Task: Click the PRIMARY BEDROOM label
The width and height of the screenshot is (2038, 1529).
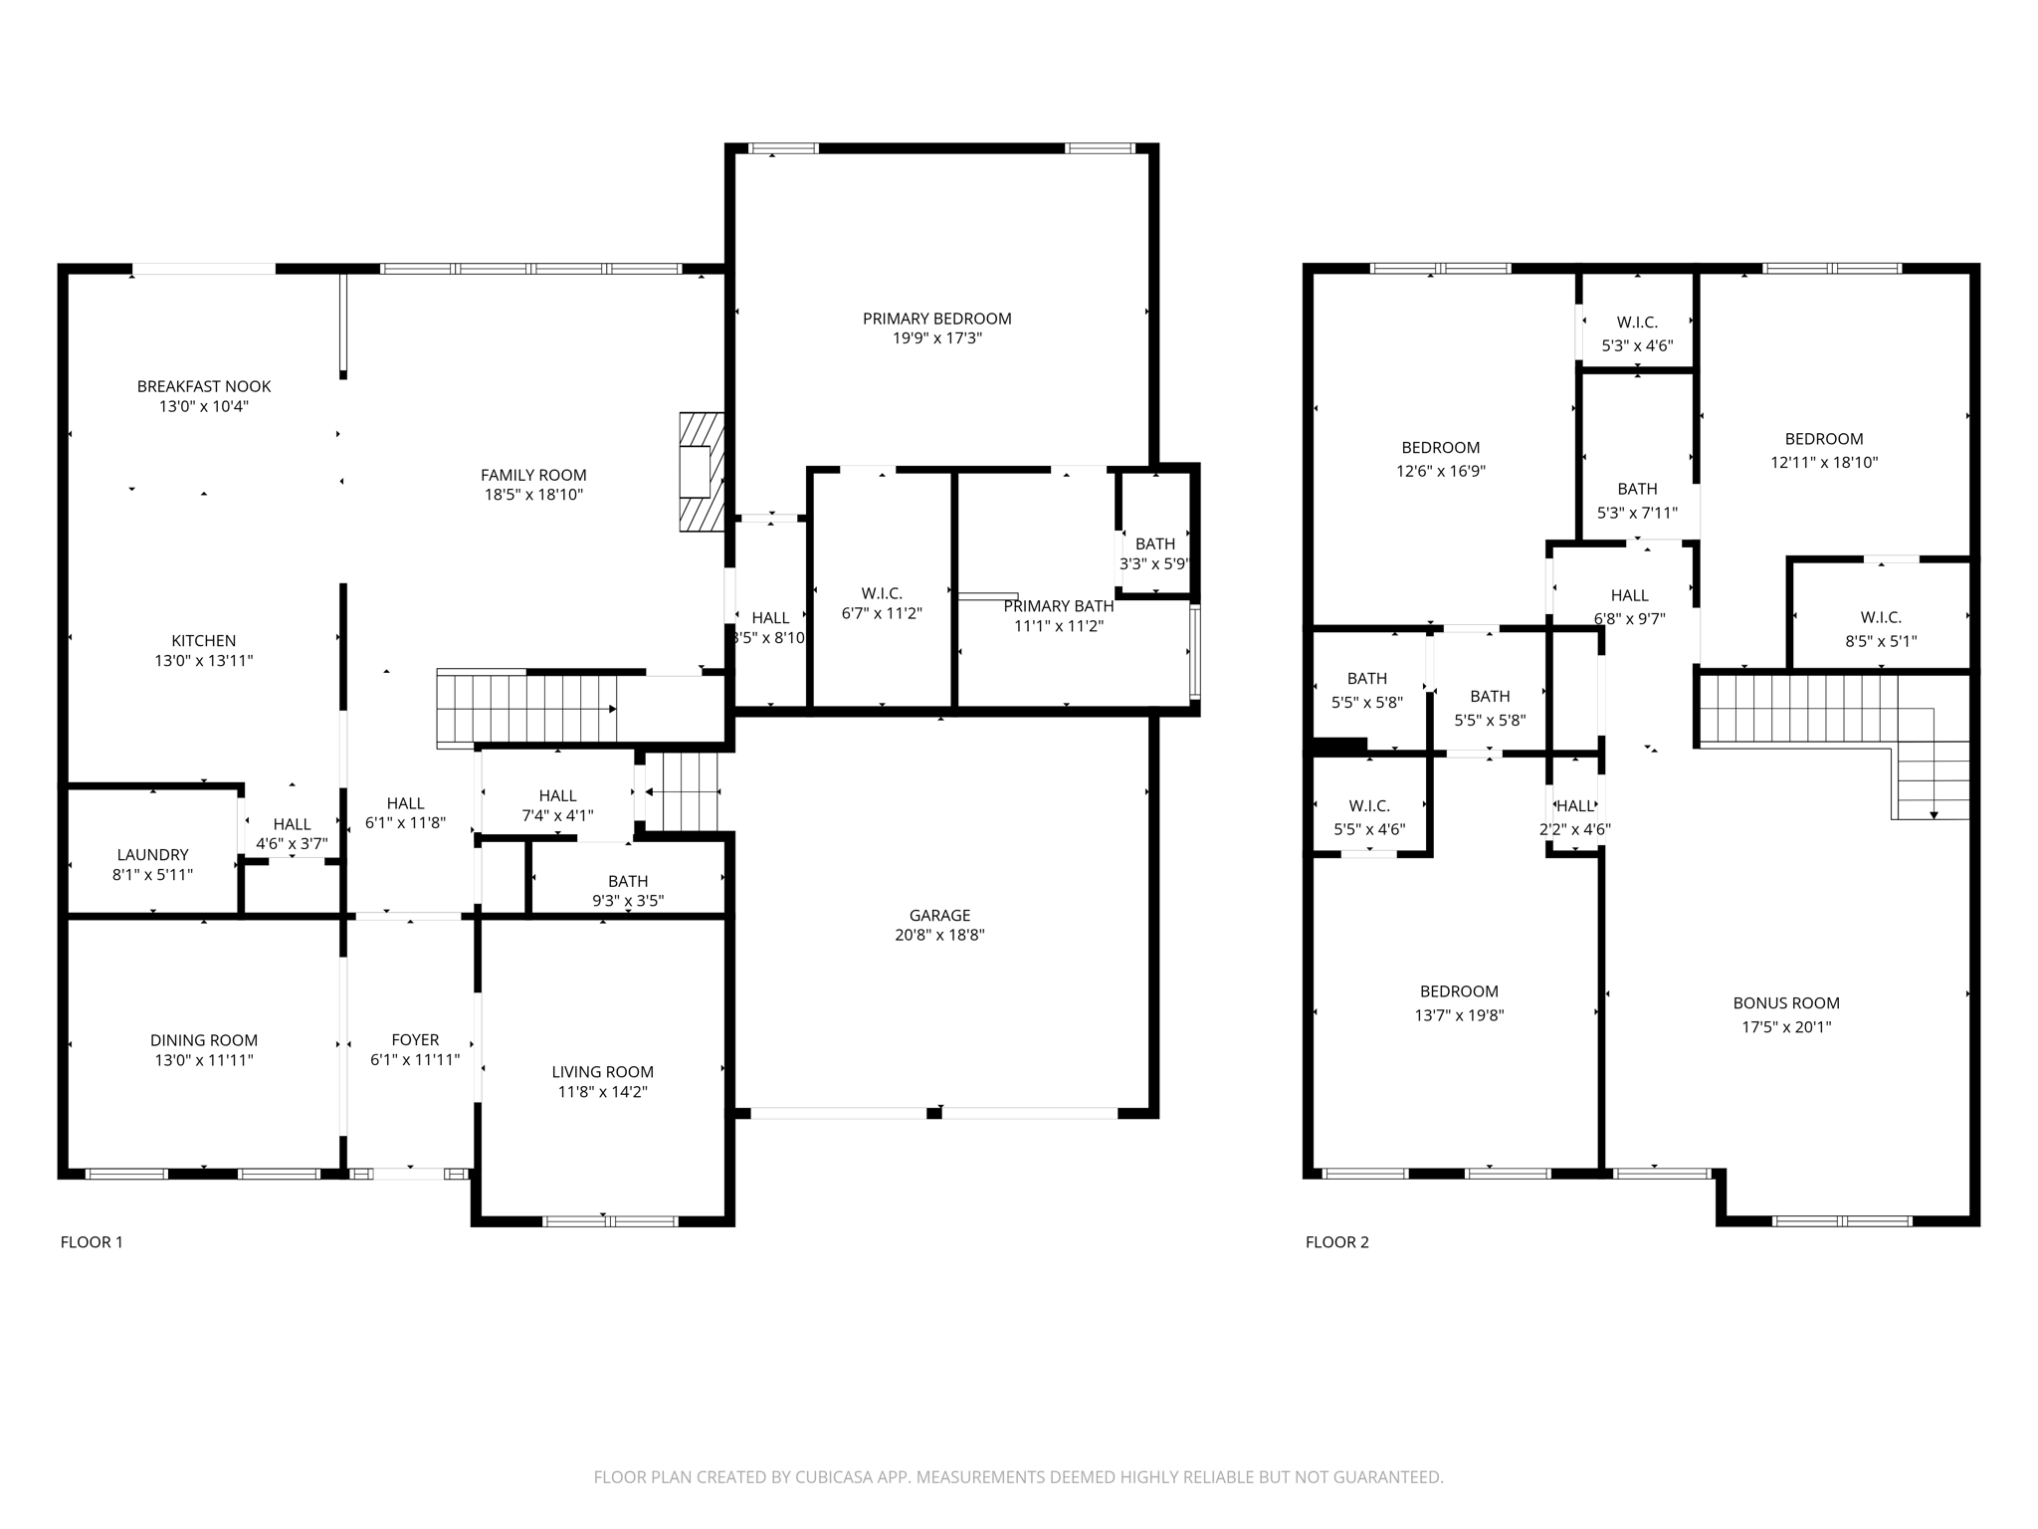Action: click(x=936, y=319)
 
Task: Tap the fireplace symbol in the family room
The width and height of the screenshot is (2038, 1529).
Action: click(x=701, y=472)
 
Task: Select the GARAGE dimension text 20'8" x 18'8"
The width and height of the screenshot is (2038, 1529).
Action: click(x=938, y=935)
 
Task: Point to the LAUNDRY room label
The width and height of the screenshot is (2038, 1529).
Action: click(x=152, y=854)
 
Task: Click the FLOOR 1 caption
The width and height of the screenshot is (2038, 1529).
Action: click(x=92, y=1241)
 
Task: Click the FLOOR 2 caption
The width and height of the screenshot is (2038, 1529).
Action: click(x=1336, y=1241)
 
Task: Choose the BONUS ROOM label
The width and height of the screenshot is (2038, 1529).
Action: click(x=1785, y=1003)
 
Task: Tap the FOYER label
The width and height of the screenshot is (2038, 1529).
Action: click(x=415, y=1039)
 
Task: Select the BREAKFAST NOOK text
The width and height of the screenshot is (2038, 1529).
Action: click(x=204, y=386)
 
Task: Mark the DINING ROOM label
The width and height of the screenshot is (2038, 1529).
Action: click(x=204, y=1040)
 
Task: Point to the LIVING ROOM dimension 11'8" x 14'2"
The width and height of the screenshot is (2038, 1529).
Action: click(x=602, y=1092)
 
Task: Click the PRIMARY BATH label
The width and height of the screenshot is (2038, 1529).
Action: click(x=1058, y=606)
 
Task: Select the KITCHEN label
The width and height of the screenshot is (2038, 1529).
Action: click(x=204, y=641)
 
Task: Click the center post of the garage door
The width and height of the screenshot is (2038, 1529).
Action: click(x=933, y=1113)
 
